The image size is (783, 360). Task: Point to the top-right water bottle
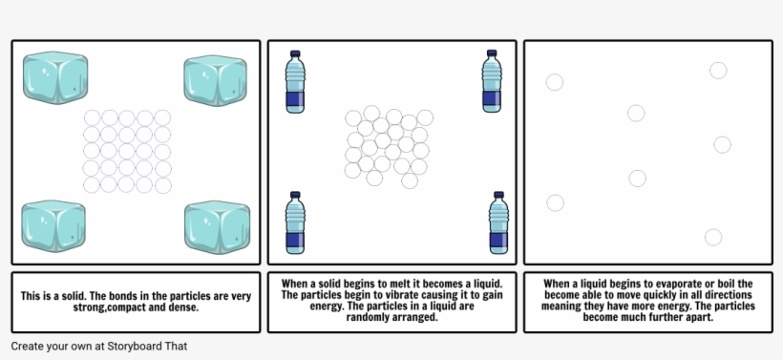click(x=492, y=82)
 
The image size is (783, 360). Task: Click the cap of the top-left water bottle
click(x=295, y=53)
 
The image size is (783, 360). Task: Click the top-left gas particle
click(x=554, y=82)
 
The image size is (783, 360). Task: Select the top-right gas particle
click(x=718, y=70)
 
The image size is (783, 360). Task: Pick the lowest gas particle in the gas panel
click(x=713, y=237)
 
